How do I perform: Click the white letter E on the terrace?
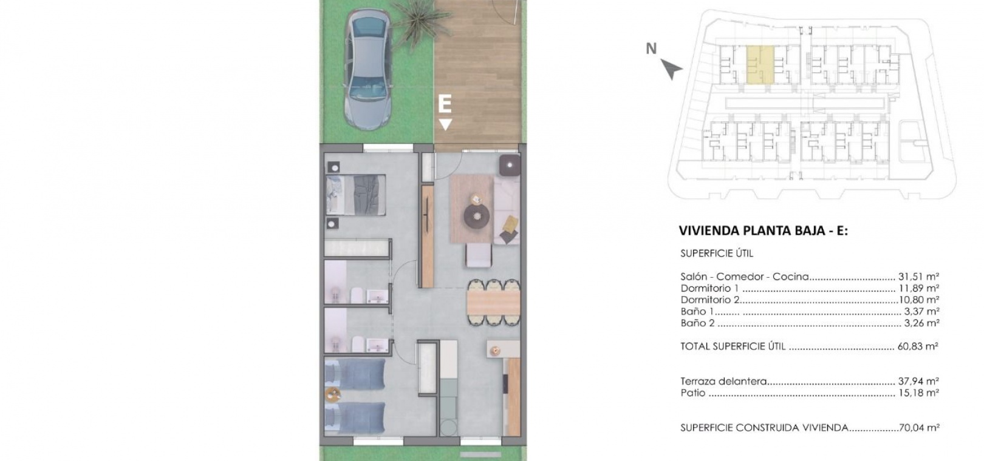coord(445,104)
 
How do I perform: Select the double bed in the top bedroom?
coord(356,195)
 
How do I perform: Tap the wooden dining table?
coord(493,302)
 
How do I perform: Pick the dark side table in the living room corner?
coord(510,166)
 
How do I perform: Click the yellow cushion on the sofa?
coord(510,224)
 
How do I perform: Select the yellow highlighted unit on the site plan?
coord(760,66)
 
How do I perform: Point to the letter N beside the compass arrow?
coord(651,49)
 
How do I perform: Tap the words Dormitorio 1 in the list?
coord(709,289)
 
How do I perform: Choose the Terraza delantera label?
coord(723,382)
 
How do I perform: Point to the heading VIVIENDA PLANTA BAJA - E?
coord(764,231)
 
